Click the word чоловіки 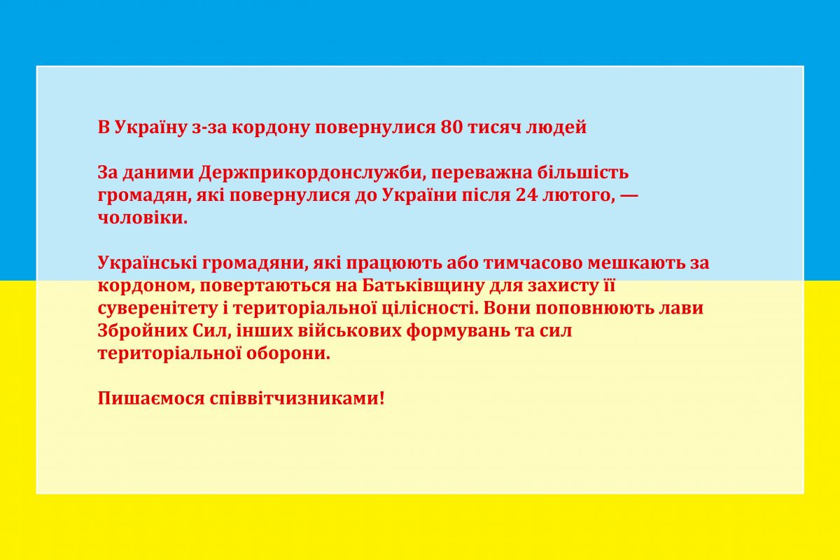pos(143,218)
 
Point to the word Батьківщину pos(423,286)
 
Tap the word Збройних pos(143,331)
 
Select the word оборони pos(288,354)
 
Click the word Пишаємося pos(151,399)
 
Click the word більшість pos(582,173)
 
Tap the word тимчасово pos(533,264)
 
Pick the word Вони pos(507,309)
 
